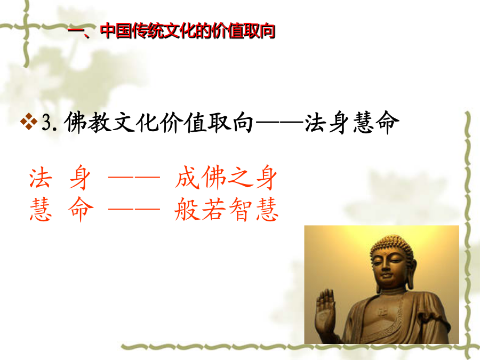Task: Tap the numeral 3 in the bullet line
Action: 46,123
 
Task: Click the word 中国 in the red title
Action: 116,30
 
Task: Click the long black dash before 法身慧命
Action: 279,123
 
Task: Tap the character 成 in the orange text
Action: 187,177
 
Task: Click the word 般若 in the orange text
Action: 201,209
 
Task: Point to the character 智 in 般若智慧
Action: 242,209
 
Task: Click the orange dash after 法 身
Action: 134,177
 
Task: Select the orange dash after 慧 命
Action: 134,210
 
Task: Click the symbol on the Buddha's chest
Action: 381,313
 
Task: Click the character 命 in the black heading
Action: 388,122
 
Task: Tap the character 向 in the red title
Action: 267,30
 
